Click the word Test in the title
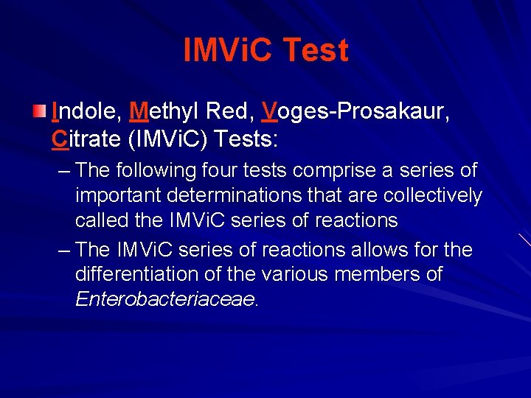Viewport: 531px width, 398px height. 315,51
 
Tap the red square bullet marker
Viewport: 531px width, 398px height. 40,111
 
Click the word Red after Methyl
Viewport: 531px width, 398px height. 231,111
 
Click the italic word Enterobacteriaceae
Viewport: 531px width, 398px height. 165,300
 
